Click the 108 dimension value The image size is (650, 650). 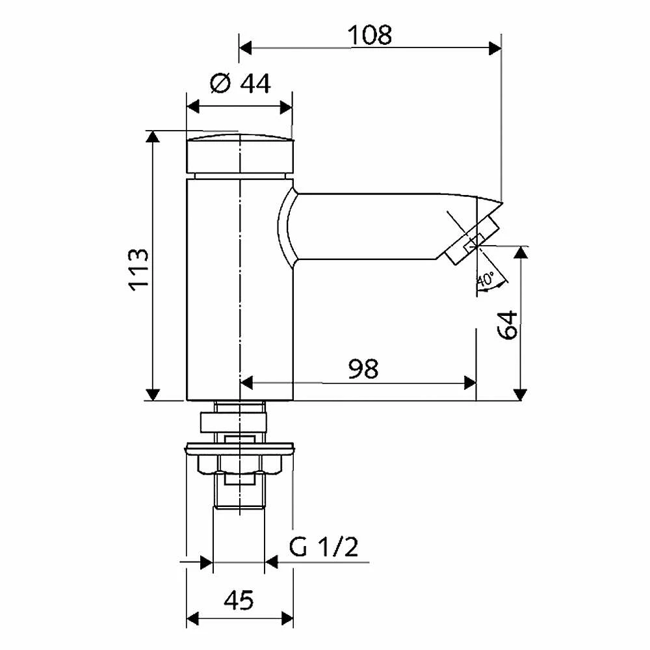369,35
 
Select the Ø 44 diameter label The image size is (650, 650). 240,83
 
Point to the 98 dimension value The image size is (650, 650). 363,369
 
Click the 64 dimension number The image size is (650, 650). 508,325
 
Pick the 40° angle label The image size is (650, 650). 486,279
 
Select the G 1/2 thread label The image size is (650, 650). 323,547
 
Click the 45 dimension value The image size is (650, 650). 239,600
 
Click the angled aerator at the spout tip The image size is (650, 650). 472,240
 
